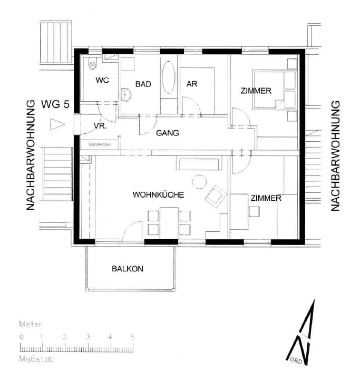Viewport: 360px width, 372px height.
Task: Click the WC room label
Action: (102, 80)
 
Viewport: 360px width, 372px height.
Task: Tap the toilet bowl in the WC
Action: (93, 63)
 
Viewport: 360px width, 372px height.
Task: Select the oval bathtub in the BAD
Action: (169, 77)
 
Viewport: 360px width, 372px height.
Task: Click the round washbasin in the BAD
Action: (127, 94)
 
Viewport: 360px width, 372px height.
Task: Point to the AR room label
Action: (192, 84)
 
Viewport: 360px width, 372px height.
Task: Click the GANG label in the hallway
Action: (167, 133)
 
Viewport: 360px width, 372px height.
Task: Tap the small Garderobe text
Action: (100, 144)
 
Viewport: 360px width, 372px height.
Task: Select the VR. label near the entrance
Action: (100, 126)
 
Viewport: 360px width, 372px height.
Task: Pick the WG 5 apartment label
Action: (55, 104)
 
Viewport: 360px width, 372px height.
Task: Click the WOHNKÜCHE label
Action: (158, 195)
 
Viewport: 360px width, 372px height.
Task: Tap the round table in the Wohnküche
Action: (199, 182)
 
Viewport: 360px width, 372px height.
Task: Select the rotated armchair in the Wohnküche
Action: (216, 197)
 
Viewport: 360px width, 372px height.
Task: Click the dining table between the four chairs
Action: (169, 221)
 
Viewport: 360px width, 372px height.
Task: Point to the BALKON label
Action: (128, 269)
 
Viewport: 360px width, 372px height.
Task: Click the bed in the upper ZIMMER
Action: (269, 90)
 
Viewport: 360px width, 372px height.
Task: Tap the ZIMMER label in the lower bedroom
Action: (266, 198)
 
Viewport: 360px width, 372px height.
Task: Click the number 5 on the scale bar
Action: (132, 337)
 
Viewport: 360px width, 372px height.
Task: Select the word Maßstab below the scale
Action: (36, 359)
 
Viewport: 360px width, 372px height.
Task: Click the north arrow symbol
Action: (301, 332)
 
